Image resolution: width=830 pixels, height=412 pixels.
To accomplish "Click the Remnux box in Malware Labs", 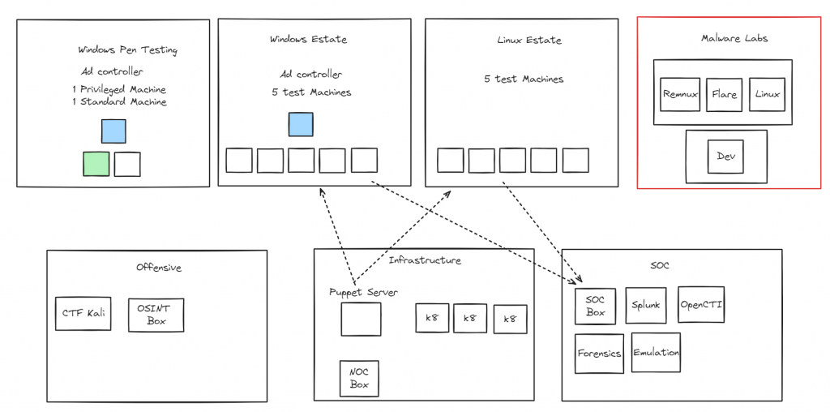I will click(x=680, y=94).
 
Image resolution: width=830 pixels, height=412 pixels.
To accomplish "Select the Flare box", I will click(x=724, y=94).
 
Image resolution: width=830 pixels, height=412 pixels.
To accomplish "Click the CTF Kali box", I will click(x=82, y=313).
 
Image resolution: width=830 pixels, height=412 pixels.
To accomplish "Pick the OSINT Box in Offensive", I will click(x=156, y=315).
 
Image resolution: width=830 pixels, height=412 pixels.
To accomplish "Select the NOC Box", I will click(x=359, y=379).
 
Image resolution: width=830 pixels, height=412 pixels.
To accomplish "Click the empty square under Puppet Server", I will click(x=361, y=319).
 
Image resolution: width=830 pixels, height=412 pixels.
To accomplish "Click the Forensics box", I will click(x=599, y=353).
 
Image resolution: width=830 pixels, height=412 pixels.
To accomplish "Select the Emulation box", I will click(x=656, y=352).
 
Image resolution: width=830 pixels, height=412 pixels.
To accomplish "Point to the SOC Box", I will click(x=596, y=306).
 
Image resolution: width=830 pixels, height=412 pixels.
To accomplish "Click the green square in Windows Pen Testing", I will click(x=96, y=164).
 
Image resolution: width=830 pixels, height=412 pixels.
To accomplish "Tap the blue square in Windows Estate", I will click(x=301, y=124).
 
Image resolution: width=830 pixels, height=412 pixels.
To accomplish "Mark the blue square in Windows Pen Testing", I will click(x=113, y=131).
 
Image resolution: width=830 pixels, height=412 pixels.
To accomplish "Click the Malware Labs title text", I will click(x=734, y=38).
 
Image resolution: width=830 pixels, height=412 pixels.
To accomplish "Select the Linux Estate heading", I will click(x=529, y=40).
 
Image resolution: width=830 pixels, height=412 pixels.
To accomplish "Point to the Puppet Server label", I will click(x=363, y=292).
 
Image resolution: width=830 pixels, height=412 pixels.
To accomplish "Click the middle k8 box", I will click(x=470, y=319).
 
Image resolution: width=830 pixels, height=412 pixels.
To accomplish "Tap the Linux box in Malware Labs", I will click(x=767, y=94).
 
